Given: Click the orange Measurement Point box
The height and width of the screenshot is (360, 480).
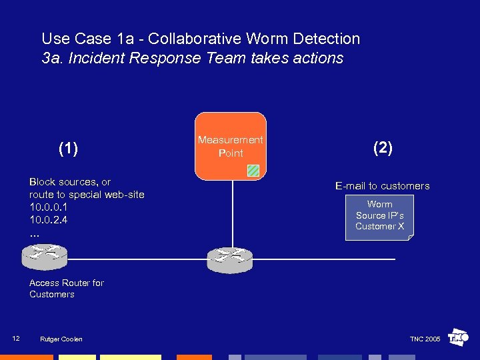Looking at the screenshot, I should tap(230, 145).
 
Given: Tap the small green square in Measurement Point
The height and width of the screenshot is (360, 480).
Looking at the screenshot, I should tap(253, 170).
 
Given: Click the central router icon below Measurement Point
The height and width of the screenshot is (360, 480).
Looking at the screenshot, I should tap(231, 259).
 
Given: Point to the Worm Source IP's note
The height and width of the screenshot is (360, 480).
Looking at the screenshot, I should tap(379, 216).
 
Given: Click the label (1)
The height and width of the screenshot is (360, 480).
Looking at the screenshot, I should tap(68, 148).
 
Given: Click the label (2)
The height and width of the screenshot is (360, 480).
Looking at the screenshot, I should tap(383, 148).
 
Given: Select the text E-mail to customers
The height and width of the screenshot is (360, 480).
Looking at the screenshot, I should tap(382, 186).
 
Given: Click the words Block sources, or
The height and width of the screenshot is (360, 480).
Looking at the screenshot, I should tap(70, 182).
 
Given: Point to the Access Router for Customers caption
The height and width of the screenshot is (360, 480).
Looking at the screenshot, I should tap(66, 289).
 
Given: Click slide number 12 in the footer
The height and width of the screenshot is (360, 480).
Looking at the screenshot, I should tap(16, 339).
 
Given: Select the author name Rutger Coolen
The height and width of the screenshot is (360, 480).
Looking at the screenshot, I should tap(61, 339).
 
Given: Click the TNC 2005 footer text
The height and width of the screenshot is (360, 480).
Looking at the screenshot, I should tap(425, 339).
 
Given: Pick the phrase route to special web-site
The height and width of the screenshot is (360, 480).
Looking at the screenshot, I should tap(87, 195).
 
